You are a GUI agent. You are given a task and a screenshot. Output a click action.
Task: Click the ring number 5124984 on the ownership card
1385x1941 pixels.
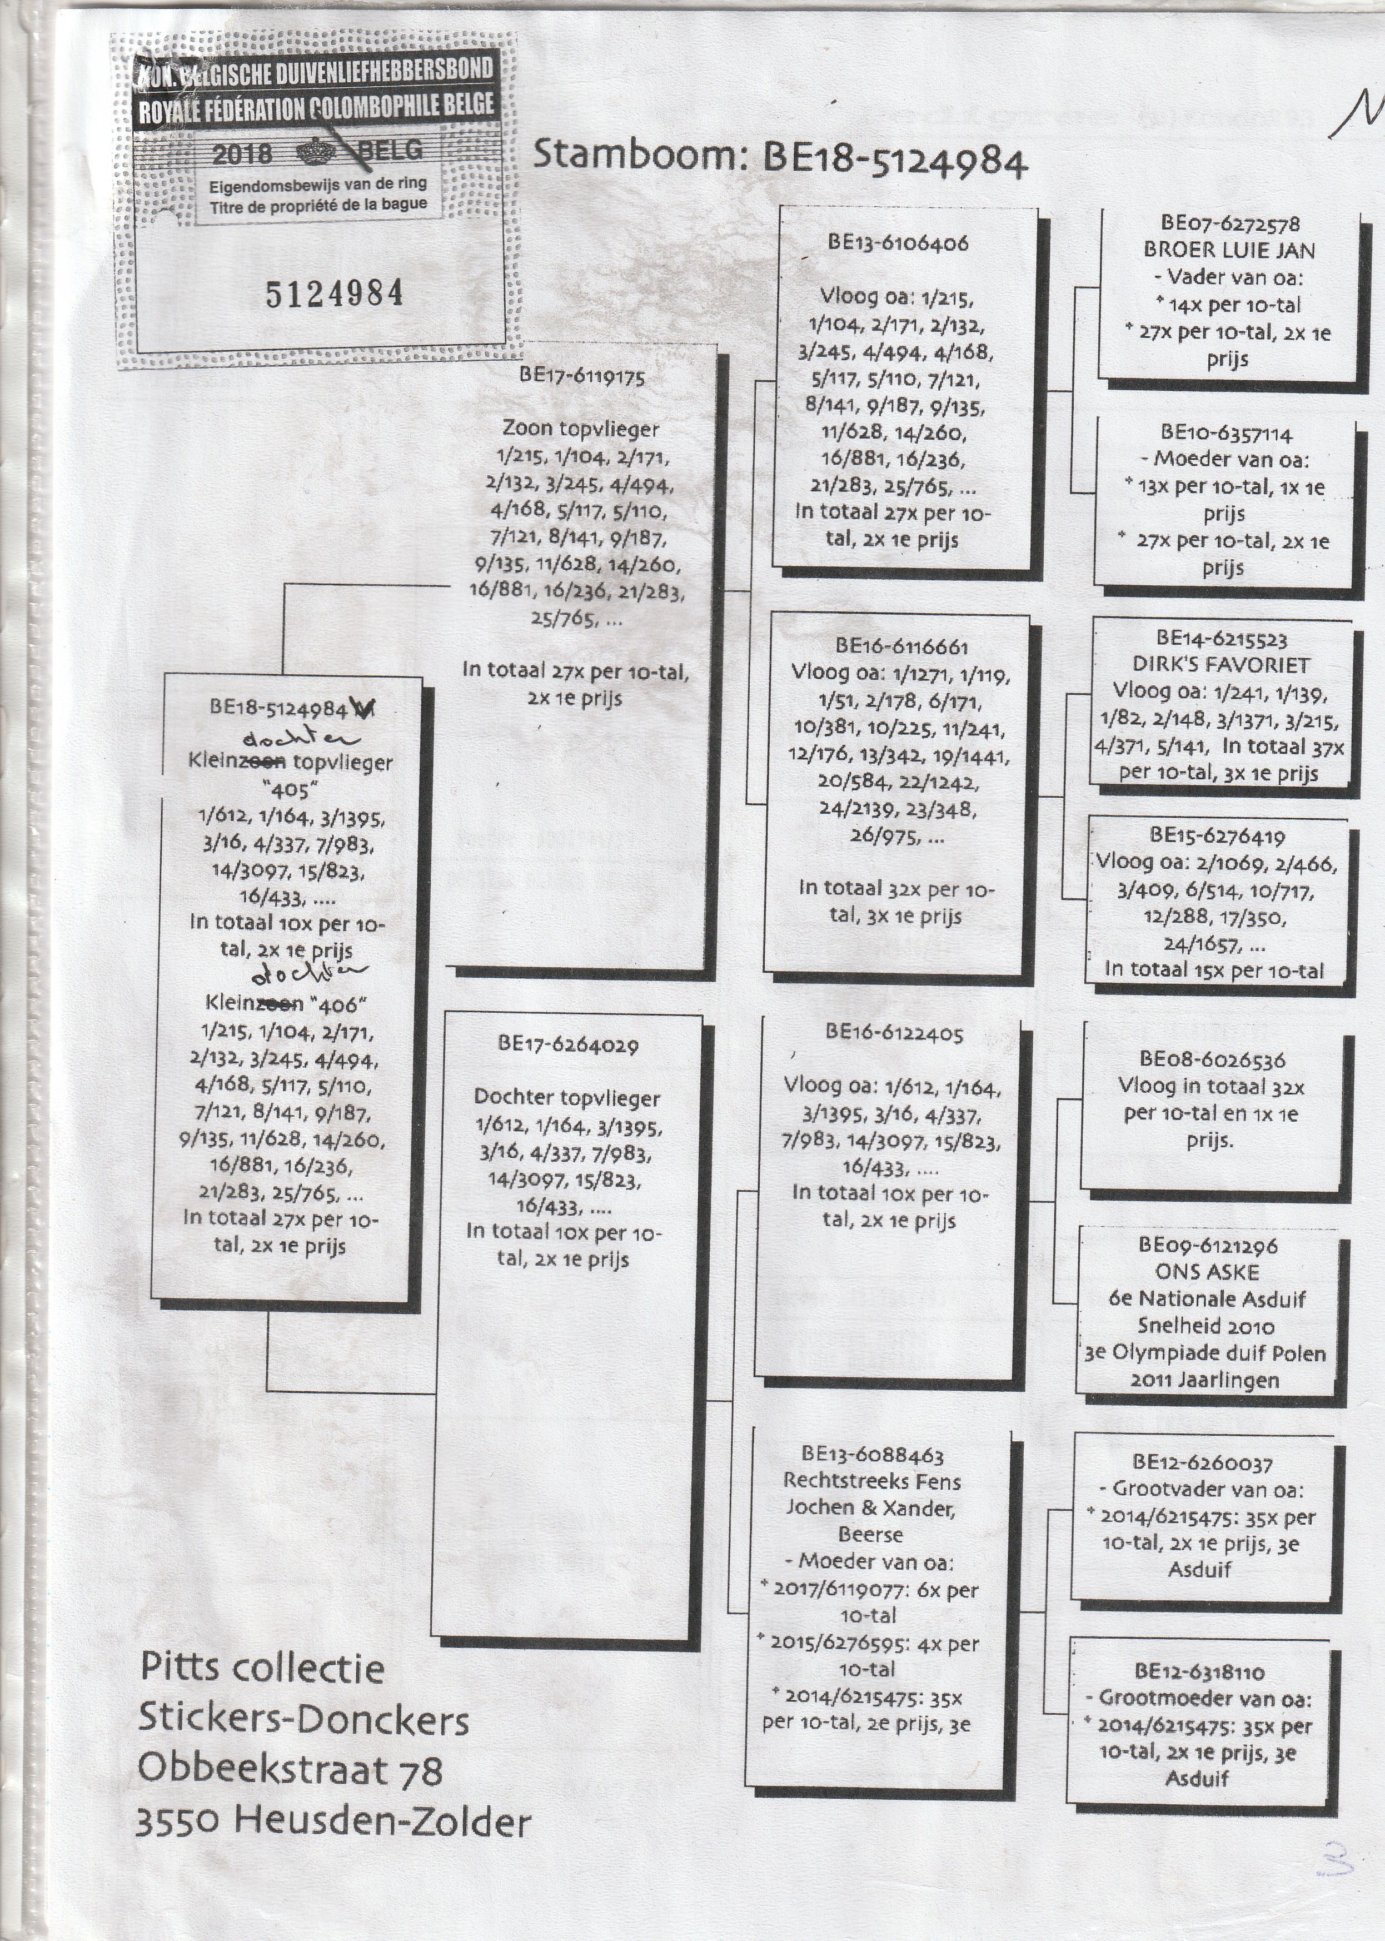335,293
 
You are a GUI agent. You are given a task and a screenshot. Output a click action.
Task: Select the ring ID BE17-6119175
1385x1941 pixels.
582,377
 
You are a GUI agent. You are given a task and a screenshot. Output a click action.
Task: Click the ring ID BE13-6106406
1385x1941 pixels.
898,243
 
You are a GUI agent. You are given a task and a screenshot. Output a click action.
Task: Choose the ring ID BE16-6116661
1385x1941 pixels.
901,646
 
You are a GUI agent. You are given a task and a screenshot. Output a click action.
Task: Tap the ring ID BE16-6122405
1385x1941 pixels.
894,1034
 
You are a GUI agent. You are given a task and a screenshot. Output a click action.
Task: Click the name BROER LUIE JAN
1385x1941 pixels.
1229,251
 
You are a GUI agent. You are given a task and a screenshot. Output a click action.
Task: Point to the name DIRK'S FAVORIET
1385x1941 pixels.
1221,665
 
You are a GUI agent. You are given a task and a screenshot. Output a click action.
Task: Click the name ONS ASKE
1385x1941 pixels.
1207,1272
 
